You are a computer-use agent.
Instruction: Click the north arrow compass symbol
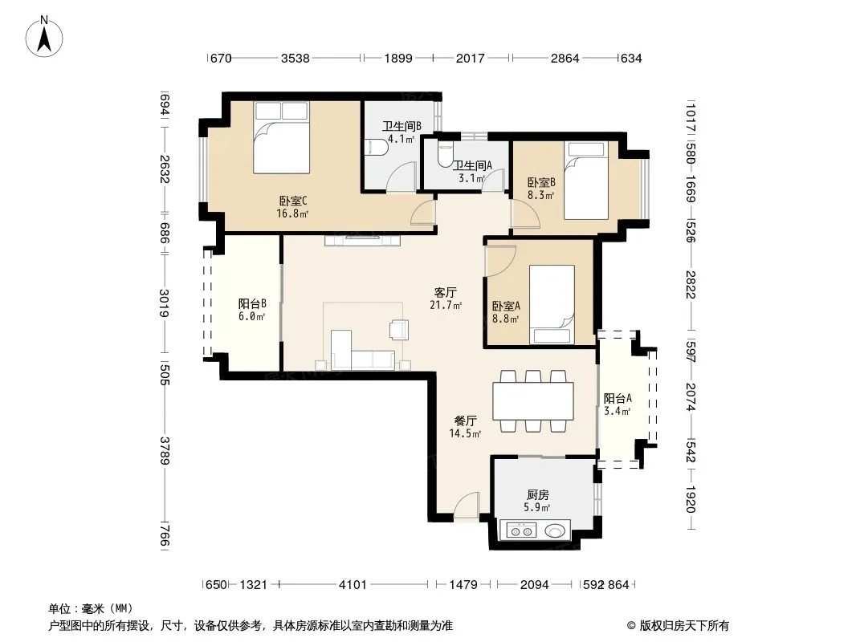pos(44,37)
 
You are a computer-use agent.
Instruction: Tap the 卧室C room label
pos(293,201)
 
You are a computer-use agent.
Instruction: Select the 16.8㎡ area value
pos(292,213)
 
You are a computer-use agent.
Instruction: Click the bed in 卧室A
pos(552,304)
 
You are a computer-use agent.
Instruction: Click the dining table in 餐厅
pos(533,401)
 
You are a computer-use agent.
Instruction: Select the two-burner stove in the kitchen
pos(521,530)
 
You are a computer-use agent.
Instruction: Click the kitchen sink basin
pos(555,530)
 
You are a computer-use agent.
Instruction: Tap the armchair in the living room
pos(398,330)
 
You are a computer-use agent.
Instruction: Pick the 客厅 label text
pos(446,292)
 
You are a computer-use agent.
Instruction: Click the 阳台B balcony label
pos(252,303)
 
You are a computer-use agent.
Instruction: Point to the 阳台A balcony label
pos(618,398)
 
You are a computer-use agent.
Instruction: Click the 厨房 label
pos(538,494)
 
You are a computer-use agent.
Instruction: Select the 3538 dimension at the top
pos(296,58)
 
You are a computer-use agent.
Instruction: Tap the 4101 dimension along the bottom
pos(353,585)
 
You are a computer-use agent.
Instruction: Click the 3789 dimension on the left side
pos(165,450)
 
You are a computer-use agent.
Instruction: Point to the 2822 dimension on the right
pos(691,284)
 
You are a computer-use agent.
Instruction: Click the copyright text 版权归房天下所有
pos(684,626)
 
